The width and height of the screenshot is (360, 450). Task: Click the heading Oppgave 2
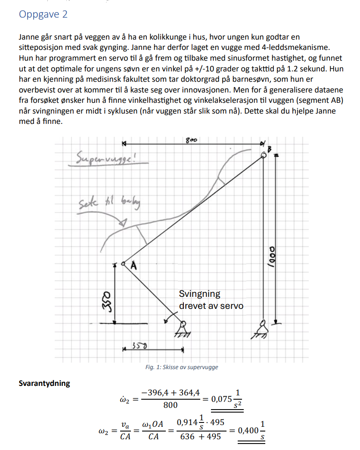43,14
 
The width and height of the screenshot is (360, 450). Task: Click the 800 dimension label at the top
191,140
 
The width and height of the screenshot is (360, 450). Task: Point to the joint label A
133,267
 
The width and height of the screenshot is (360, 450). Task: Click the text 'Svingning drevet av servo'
211,300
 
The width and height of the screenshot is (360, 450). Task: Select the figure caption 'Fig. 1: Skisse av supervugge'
182,367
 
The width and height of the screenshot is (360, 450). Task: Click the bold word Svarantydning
44,383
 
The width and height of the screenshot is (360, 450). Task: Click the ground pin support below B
263,329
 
